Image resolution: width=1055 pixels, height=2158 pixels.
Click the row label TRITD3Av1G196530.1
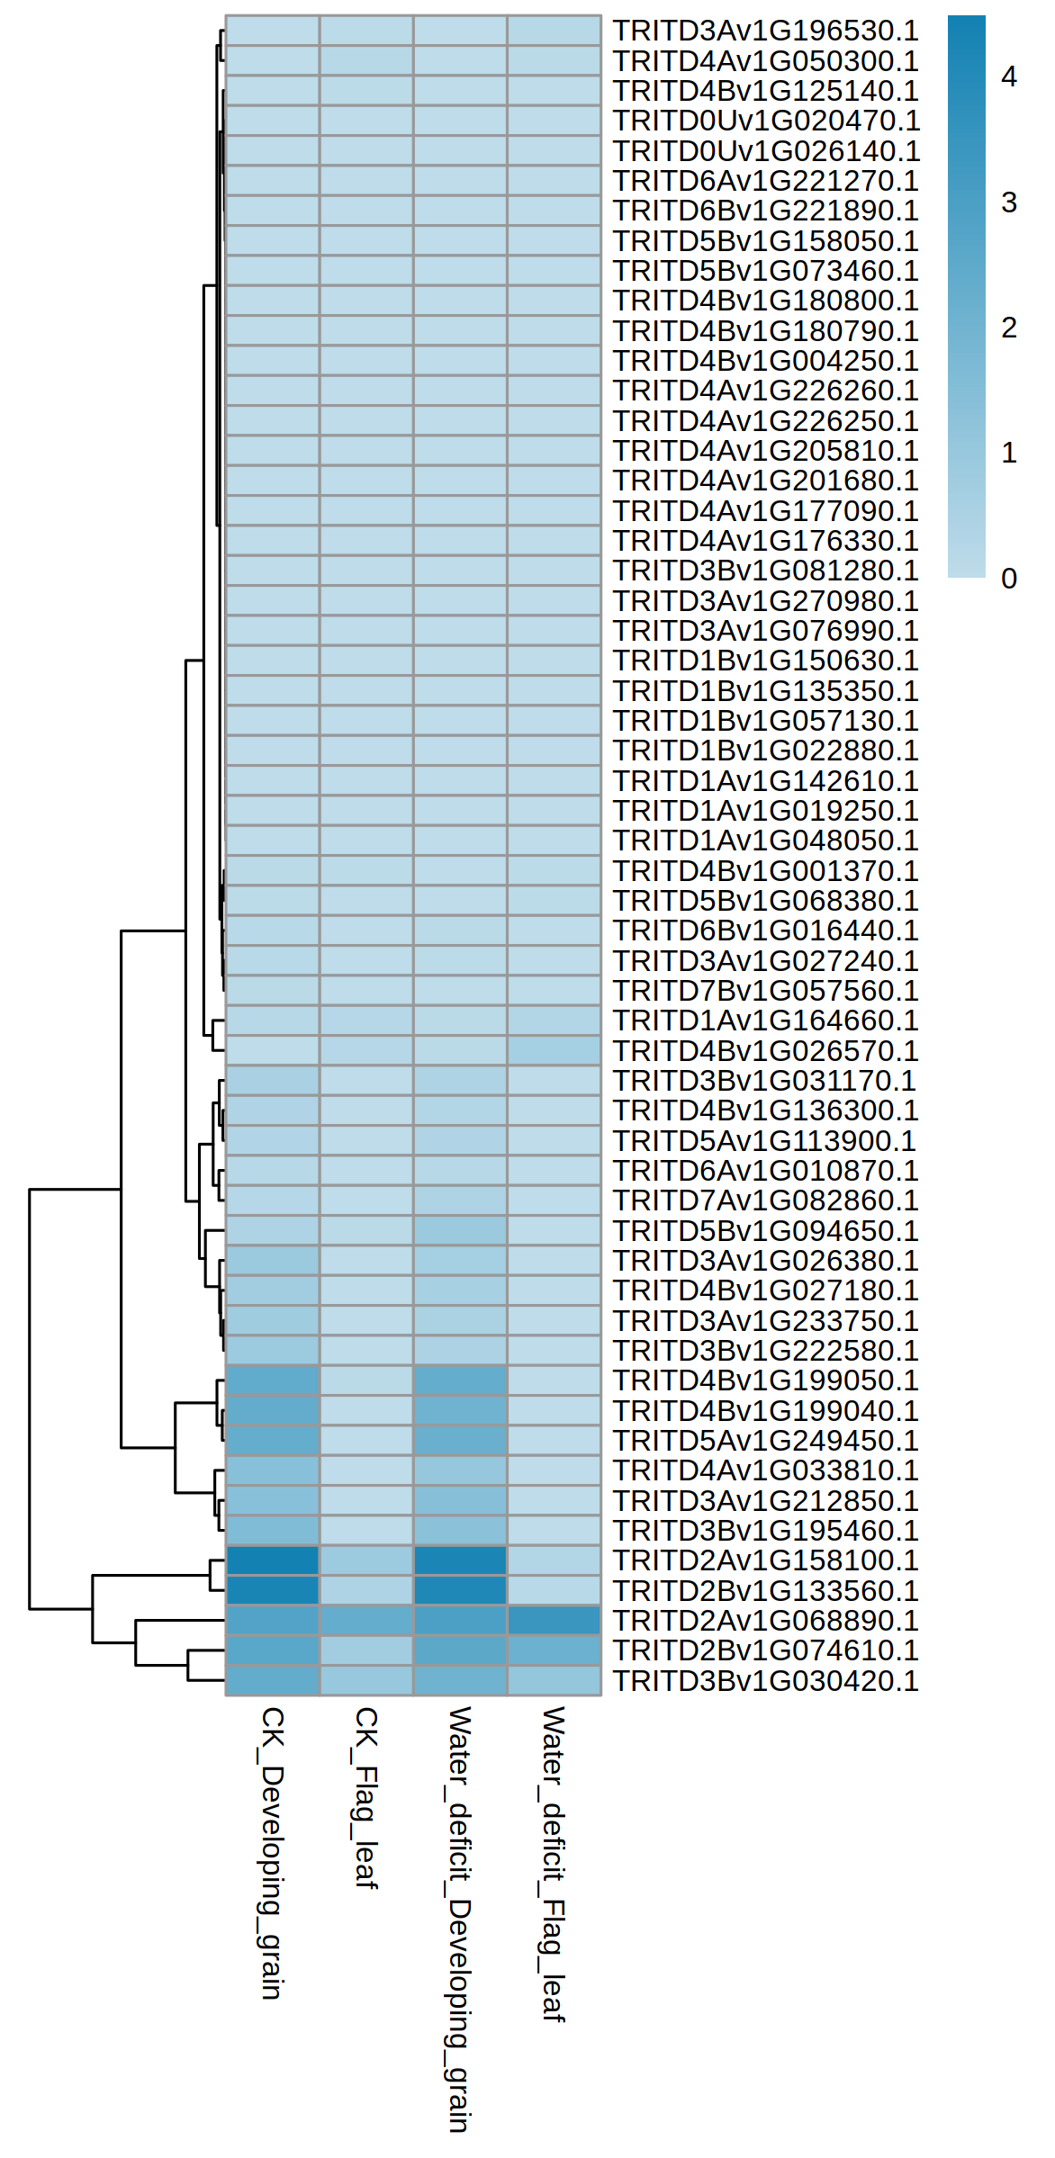click(765, 31)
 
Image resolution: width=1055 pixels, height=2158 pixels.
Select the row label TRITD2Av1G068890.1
click(765, 1621)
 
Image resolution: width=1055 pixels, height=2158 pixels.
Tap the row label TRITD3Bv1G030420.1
click(765, 1681)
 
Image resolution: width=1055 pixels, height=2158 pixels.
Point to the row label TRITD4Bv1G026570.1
click(765, 1051)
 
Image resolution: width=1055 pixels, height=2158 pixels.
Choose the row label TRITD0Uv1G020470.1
click(765, 121)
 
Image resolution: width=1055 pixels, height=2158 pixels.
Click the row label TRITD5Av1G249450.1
click(765, 1441)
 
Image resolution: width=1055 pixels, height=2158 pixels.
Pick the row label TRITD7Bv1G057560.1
click(765, 991)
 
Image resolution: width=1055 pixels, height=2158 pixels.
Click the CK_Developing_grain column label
click(272, 1853)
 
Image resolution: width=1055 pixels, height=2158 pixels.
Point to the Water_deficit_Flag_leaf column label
click(553, 1864)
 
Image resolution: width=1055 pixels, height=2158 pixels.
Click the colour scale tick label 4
click(1009, 77)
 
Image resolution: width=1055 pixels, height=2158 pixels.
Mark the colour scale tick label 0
click(1009, 579)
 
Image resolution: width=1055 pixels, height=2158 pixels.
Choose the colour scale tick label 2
click(1009, 328)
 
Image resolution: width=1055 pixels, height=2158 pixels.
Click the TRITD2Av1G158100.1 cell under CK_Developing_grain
click(272, 1560)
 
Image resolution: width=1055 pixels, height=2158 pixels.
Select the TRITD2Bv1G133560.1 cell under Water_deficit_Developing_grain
click(460, 1591)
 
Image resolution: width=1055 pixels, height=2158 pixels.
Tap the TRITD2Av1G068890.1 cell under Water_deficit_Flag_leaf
click(554, 1621)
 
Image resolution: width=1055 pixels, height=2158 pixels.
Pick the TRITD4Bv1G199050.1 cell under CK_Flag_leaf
click(366, 1380)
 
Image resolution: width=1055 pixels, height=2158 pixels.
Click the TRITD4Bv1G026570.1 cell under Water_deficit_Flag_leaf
click(554, 1051)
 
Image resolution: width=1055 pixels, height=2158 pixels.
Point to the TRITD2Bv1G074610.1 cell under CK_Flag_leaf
click(366, 1650)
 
